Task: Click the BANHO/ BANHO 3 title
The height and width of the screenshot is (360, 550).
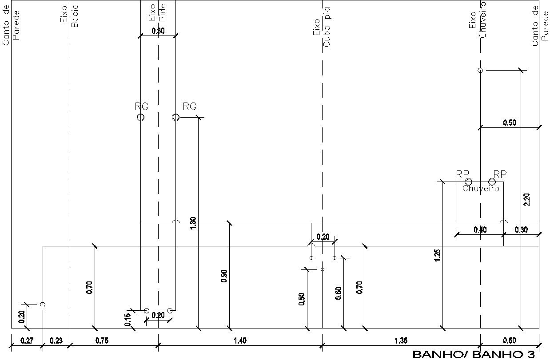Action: [474, 355]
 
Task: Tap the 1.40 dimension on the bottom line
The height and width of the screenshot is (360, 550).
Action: [240, 340]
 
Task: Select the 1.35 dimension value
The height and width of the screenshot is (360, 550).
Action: [401, 340]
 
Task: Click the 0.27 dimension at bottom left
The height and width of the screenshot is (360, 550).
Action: [27, 340]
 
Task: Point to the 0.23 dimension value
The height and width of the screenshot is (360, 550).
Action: [56, 340]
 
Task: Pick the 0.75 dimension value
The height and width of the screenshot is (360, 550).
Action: [102, 340]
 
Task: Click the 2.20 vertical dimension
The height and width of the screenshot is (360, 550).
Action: [527, 200]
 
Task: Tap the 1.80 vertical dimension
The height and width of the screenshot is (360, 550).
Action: [193, 223]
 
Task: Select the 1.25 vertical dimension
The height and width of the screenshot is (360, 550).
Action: [437, 255]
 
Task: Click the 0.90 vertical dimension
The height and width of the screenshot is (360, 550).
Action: [224, 276]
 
